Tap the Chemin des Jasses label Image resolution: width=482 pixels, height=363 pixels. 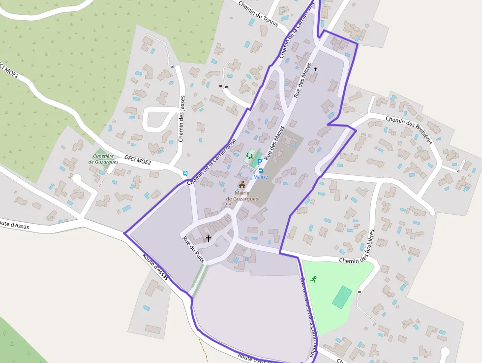(182, 119)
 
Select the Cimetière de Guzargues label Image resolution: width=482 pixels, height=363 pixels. (104, 159)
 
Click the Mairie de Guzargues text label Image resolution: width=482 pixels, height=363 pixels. (242, 196)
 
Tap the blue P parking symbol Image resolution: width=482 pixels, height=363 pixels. (260, 162)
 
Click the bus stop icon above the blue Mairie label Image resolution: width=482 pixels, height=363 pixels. (261, 170)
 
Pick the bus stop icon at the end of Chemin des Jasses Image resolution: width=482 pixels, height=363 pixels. (185, 173)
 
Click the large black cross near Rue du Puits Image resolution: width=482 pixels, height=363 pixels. (209, 239)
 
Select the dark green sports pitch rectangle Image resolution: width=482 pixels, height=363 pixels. (342, 297)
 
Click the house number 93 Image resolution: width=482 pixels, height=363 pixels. (228, 204)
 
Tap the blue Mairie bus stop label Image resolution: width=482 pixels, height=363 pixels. (261, 177)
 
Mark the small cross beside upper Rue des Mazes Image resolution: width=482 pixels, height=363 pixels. (316, 69)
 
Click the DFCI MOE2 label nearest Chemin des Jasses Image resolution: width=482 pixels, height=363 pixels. (138, 159)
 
